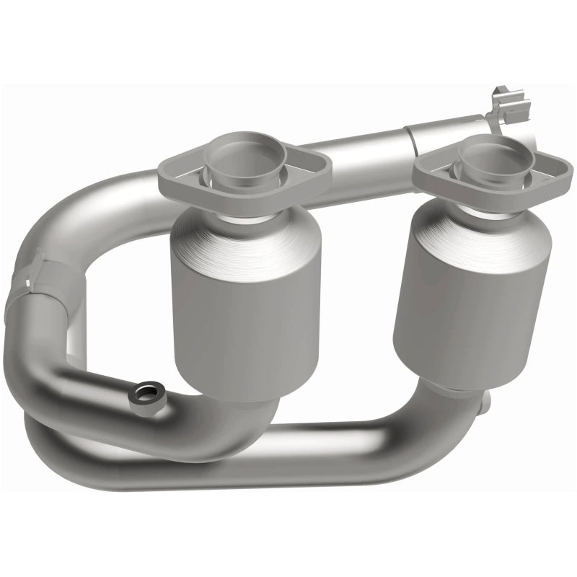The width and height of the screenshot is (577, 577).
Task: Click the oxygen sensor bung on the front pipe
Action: (146, 394)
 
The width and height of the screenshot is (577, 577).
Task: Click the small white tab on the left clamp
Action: (36, 256)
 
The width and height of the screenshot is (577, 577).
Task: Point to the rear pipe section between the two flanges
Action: (368, 173)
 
